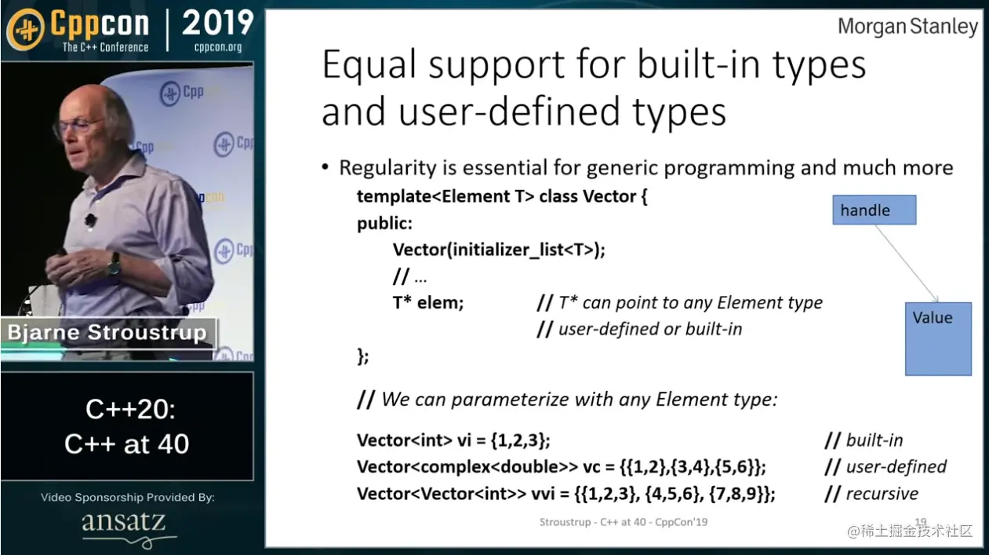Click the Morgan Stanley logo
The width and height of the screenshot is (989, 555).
click(x=907, y=27)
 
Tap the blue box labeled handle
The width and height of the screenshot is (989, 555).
click(x=874, y=210)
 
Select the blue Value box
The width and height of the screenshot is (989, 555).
click(x=938, y=339)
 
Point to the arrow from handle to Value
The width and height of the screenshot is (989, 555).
click(x=907, y=263)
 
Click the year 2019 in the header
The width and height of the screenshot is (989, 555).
click(x=218, y=23)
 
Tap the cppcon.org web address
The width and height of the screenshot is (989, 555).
click(x=218, y=47)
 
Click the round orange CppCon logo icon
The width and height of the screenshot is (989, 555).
click(x=26, y=29)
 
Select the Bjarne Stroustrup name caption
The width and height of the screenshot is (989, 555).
click(x=107, y=332)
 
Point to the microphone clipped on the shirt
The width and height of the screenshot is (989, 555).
click(x=90, y=220)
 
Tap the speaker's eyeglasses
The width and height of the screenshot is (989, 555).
click(x=79, y=125)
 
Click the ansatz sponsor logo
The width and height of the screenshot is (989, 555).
click(x=124, y=523)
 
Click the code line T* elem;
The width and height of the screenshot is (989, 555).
click(x=428, y=303)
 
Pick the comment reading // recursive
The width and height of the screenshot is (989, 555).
click(x=871, y=494)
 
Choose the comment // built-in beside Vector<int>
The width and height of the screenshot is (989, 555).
click(x=864, y=440)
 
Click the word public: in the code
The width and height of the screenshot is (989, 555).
click(x=384, y=224)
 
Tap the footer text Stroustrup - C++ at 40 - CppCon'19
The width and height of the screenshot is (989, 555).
click(x=624, y=522)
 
